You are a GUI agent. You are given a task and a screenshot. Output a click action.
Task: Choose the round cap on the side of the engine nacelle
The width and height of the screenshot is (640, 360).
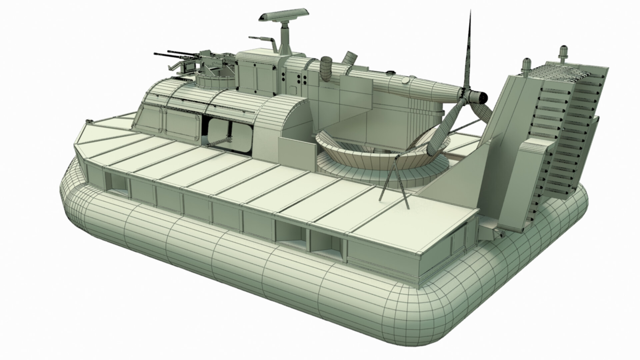pos(405,81)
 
